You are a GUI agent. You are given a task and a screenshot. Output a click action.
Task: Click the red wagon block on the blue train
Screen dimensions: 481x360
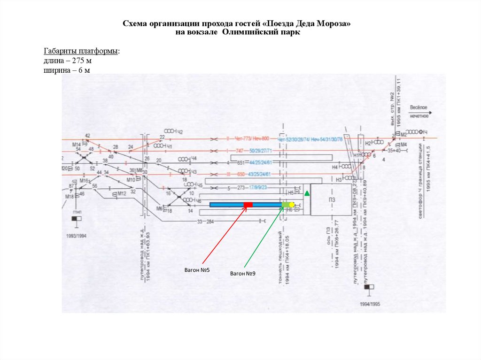[248, 205]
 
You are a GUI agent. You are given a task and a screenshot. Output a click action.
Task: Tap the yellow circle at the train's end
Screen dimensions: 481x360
[292, 205]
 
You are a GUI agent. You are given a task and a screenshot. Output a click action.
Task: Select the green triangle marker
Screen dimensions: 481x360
[307, 193]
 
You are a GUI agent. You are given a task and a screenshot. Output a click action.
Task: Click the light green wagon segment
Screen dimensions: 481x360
[285, 205]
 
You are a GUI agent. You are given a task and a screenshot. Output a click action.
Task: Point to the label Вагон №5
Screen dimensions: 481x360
[201, 270]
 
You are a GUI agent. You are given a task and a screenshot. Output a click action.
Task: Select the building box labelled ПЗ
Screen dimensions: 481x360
[331, 199]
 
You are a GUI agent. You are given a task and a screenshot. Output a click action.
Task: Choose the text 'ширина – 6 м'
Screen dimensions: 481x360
[67, 70]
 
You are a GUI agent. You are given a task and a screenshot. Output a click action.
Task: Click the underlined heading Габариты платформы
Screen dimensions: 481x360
[81, 51]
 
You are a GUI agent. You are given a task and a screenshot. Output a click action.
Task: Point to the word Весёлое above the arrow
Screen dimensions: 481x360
[419, 107]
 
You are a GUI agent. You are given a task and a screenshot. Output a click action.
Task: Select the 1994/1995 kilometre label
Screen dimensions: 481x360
[370, 304]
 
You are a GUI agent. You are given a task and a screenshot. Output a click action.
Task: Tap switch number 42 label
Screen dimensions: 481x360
[87, 136]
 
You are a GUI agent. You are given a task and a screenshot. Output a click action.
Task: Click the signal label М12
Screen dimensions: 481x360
[122, 193]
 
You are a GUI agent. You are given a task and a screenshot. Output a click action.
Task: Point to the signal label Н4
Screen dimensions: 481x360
[335, 167]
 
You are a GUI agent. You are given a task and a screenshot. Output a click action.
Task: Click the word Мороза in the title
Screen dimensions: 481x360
[334, 23]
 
